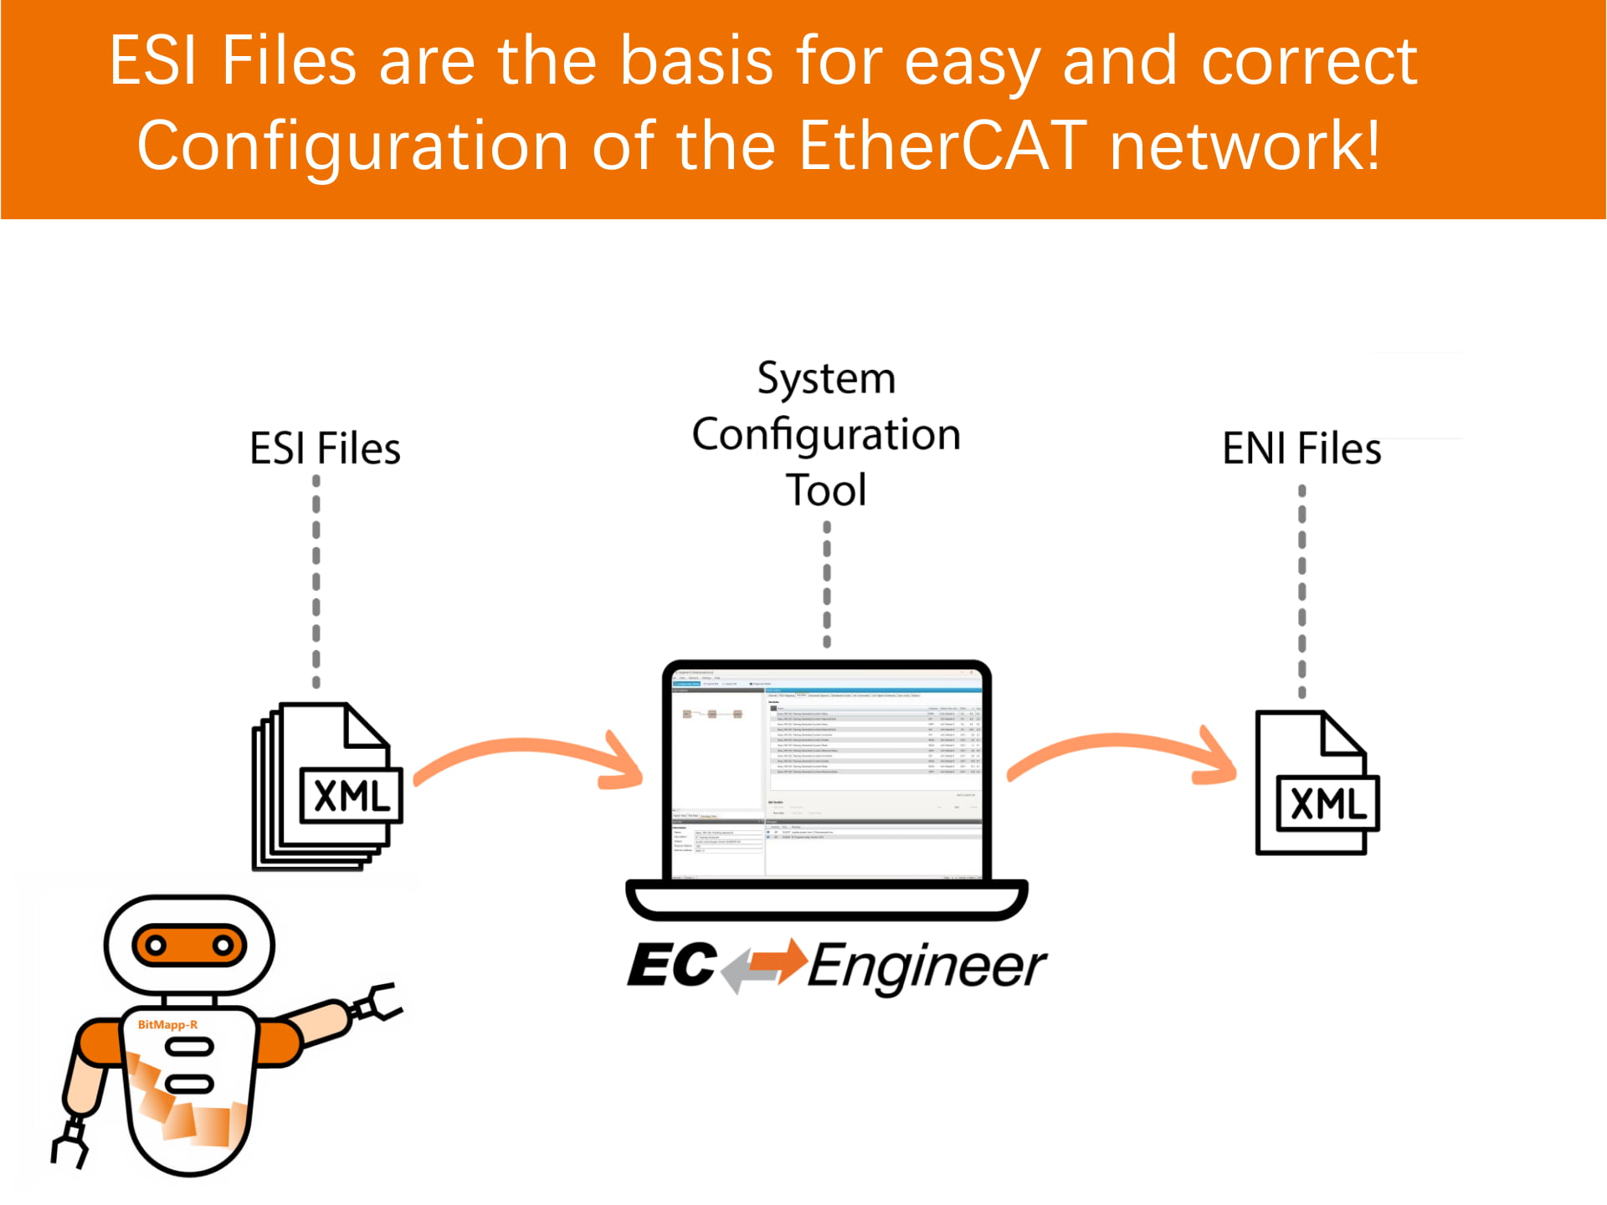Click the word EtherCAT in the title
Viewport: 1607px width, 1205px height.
click(942, 146)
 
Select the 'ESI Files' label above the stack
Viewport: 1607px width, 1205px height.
click(325, 449)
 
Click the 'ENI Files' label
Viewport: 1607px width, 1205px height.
click(1301, 449)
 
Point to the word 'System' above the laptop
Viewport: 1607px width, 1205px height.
click(826, 378)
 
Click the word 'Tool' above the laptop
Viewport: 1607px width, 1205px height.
click(826, 490)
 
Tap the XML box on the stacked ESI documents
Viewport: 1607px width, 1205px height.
click(352, 795)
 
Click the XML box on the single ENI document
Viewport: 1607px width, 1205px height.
click(1327, 803)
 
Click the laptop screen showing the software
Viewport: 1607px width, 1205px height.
click(826, 770)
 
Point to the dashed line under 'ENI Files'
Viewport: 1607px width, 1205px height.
click(1302, 590)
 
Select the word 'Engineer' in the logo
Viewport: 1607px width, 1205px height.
click(927, 967)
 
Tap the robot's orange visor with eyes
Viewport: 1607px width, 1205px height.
click(189, 946)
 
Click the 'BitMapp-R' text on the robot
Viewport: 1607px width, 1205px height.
click(167, 1024)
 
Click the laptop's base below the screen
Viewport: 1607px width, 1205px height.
click(826, 900)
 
